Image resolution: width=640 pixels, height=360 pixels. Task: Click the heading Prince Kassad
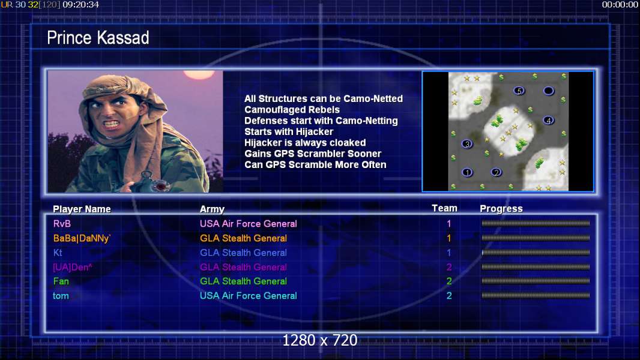[x=98, y=38]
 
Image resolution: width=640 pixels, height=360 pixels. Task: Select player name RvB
[x=62, y=224]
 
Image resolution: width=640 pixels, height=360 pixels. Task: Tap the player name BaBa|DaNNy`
[x=82, y=239]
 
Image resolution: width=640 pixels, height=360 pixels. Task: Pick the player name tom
[x=61, y=296]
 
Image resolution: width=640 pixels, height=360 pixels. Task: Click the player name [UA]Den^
[x=73, y=268]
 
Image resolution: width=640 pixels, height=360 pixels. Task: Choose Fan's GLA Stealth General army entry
[x=243, y=281]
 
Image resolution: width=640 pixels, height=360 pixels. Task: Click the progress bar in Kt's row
[x=536, y=253]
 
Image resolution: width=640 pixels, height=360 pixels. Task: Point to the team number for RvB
[x=449, y=224]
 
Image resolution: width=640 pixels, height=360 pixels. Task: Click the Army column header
[x=213, y=209]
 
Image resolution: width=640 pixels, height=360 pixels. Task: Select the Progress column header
[x=501, y=209]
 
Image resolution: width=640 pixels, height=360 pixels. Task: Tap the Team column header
[x=444, y=208]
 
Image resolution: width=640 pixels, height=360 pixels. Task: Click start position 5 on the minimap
[x=519, y=91]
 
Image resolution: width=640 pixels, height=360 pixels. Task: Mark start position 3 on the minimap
[x=467, y=144]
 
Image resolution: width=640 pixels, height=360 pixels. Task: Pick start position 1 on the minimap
[x=467, y=172]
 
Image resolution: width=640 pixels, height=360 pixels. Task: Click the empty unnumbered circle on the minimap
[x=549, y=91]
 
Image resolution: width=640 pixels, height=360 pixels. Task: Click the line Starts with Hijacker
[x=289, y=131]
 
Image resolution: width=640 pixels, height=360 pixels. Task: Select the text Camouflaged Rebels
[x=292, y=110]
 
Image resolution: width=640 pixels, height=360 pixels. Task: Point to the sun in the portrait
[x=199, y=74]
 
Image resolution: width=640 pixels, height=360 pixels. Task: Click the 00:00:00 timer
[x=620, y=5]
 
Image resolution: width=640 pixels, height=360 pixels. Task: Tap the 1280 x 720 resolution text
[x=320, y=340]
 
